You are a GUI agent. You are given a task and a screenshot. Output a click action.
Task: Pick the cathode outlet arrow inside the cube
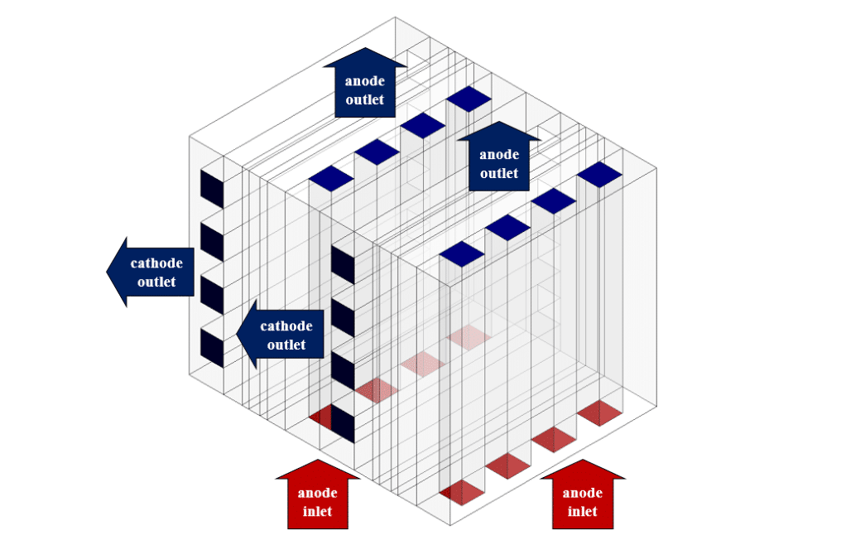click(279, 335)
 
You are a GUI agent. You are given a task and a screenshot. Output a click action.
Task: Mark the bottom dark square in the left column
click(212, 346)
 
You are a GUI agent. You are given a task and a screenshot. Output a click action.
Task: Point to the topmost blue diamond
click(469, 99)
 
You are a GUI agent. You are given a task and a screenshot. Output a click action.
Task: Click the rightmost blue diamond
click(598, 174)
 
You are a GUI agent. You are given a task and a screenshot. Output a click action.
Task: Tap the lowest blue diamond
click(461, 253)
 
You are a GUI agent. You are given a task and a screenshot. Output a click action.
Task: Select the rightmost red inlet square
click(598, 412)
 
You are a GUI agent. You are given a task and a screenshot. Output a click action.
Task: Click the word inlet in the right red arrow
click(583, 511)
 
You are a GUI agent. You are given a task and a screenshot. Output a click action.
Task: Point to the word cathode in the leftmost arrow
click(156, 264)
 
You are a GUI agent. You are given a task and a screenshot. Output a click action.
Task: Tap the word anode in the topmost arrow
click(365, 81)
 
